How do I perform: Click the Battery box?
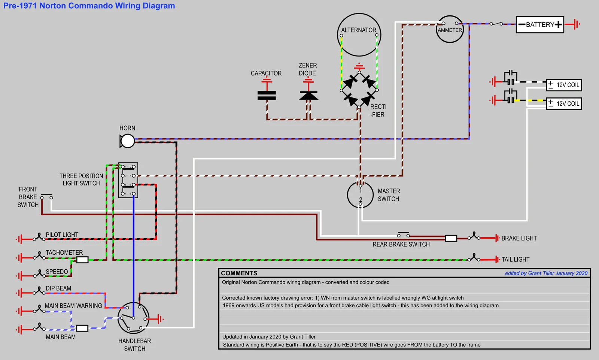pyautogui.click(x=540, y=25)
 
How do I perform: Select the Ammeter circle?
pyautogui.click(x=450, y=30)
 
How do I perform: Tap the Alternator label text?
pyautogui.click(x=359, y=30)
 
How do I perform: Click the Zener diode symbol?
pyautogui.click(x=308, y=96)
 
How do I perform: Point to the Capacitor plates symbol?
pyautogui.click(x=267, y=96)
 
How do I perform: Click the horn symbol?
pyautogui.click(x=127, y=141)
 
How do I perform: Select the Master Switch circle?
pyautogui.click(x=360, y=195)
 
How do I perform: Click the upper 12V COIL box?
pyautogui.click(x=564, y=85)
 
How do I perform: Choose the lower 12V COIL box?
pyautogui.click(x=564, y=104)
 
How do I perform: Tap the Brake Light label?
pyautogui.click(x=519, y=238)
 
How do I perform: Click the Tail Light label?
pyautogui.click(x=516, y=260)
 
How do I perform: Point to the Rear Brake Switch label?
pyautogui.click(x=401, y=245)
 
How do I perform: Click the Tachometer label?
pyautogui.click(x=64, y=252)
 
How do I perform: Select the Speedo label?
pyautogui.click(x=57, y=272)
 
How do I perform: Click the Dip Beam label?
pyautogui.click(x=58, y=288)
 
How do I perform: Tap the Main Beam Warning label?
pyautogui.click(x=73, y=306)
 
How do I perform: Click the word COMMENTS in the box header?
pyautogui.click(x=239, y=273)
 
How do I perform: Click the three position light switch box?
pyautogui.click(x=128, y=180)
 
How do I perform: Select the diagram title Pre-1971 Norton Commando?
pyautogui.click(x=89, y=6)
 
